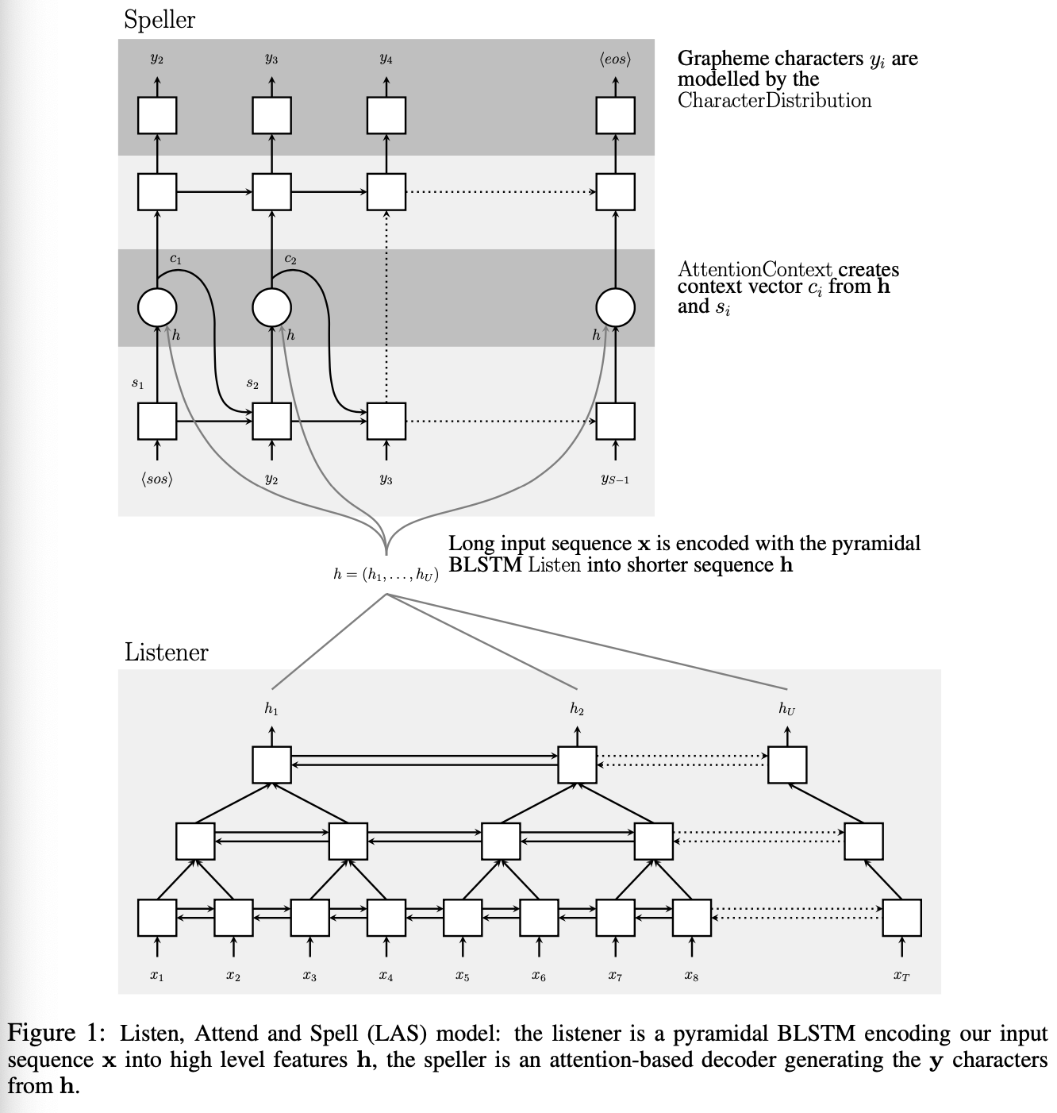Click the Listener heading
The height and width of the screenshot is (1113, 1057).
pyautogui.click(x=167, y=653)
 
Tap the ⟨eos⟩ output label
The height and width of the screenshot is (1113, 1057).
pyautogui.click(x=615, y=59)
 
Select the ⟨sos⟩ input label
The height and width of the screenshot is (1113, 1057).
pyautogui.click(x=157, y=479)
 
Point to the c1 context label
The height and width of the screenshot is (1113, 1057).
pyautogui.click(x=176, y=260)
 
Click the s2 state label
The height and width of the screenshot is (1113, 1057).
pyautogui.click(x=252, y=383)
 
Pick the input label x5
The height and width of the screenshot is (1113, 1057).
pyautogui.click(x=463, y=976)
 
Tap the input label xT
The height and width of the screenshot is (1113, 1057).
pyautogui.click(x=902, y=976)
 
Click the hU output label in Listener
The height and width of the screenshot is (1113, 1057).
pyautogui.click(x=787, y=708)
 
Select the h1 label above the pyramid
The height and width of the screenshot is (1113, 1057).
pyautogui.click(x=271, y=708)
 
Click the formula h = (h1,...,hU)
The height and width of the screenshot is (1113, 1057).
pyautogui.click(x=386, y=576)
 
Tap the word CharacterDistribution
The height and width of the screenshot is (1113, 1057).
pyautogui.click(x=774, y=101)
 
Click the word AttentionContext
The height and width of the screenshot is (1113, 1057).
pyautogui.click(x=755, y=269)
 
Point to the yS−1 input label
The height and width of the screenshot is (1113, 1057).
pyautogui.click(x=615, y=479)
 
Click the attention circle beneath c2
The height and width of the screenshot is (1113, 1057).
pyautogui.click(x=271, y=307)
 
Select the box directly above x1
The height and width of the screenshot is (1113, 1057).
pyautogui.click(x=157, y=918)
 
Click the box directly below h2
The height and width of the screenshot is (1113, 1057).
pyautogui.click(x=577, y=764)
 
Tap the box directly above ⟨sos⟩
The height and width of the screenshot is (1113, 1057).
pyautogui.click(x=157, y=422)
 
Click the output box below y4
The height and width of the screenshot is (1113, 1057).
pyautogui.click(x=386, y=115)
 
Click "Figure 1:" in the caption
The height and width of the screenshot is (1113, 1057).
pyautogui.click(x=56, y=1034)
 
